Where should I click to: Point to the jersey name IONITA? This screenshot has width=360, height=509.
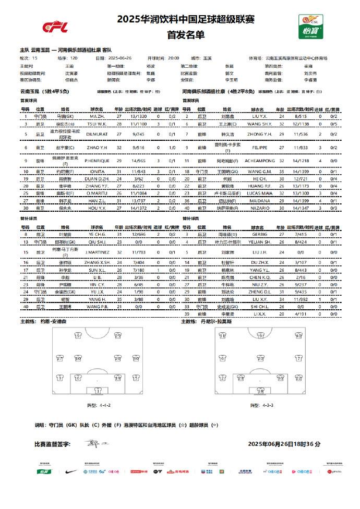coord(97,171)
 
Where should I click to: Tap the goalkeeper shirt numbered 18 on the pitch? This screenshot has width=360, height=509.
coord(257,390)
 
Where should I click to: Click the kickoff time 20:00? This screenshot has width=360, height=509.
coord(173,59)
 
